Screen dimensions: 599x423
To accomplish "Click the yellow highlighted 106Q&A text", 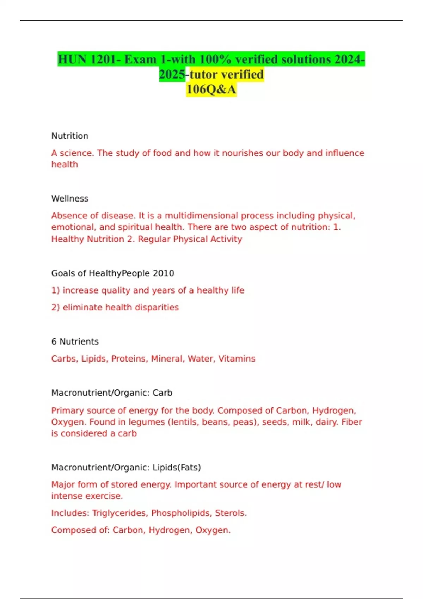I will (x=211, y=89).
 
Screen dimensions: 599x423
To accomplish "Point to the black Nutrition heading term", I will (x=70, y=136).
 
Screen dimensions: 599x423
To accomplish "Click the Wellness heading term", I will (x=70, y=199).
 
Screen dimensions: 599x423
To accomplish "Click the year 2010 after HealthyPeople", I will (x=163, y=273).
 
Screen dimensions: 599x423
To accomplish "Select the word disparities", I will (x=157, y=308).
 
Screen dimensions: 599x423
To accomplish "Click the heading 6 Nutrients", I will (x=75, y=342).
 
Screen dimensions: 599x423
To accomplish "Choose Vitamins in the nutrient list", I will (x=237, y=359).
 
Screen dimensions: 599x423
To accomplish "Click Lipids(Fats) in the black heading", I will (x=177, y=468).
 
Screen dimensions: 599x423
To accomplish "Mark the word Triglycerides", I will (x=119, y=513).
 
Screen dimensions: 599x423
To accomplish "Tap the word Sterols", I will (x=231, y=513).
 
